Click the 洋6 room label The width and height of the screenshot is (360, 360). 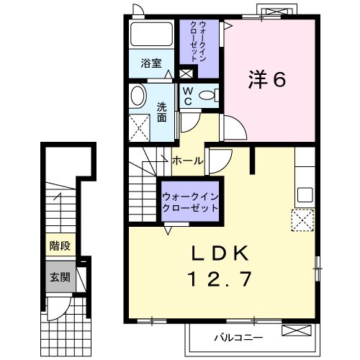tap(267, 79)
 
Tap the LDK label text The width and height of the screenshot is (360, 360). tap(220, 253)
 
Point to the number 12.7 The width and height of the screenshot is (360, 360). tap(220, 279)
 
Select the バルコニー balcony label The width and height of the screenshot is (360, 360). tap(238, 338)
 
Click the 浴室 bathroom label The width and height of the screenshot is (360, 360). tap(151, 63)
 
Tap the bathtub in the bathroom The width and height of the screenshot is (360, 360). tap(151, 34)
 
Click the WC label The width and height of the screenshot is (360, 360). tap(187, 96)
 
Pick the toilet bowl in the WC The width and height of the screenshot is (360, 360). tap(207, 96)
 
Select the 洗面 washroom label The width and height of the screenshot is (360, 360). tap(162, 112)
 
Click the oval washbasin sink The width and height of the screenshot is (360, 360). tap(138, 96)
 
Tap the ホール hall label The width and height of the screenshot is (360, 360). tap(188, 161)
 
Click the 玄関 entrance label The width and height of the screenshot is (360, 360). tap(60, 277)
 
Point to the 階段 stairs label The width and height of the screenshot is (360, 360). tap(60, 246)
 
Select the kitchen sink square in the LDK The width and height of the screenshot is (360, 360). tap(305, 195)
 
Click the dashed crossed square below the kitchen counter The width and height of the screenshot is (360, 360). tap(302, 220)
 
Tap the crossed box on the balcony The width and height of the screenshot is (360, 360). tap(297, 330)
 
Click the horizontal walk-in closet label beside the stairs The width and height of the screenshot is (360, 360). tap(190, 202)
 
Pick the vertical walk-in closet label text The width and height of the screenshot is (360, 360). tap(198, 42)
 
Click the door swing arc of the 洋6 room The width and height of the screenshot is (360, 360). tap(240, 124)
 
